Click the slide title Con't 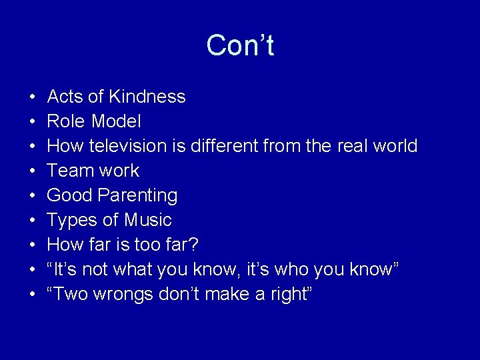point(240,46)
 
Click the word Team point(66,171)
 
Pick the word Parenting point(140,196)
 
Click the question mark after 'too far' point(193,245)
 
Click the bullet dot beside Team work point(32,171)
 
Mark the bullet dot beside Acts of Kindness point(32,97)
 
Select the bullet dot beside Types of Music point(32,221)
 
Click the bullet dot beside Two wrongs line point(32,295)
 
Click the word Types point(70,221)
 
